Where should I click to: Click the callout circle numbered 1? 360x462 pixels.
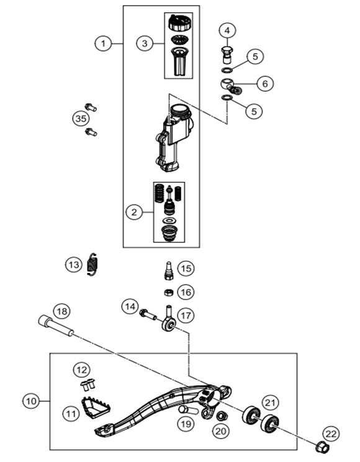tap(103, 43)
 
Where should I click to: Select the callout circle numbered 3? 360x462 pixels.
tap(145, 43)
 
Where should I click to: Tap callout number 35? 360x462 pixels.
tap(81, 118)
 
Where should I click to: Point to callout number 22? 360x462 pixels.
tap(331, 433)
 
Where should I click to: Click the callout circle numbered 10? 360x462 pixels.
tap(31, 401)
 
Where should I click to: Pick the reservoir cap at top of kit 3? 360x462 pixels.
tap(179, 23)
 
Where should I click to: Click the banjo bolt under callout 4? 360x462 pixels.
tap(227, 55)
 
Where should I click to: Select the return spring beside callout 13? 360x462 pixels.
tap(93, 265)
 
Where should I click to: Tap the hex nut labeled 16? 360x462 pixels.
tap(168, 293)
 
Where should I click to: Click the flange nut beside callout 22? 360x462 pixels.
tap(322, 448)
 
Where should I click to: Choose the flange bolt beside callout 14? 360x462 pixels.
tap(148, 314)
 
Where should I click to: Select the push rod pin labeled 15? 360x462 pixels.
tap(169, 271)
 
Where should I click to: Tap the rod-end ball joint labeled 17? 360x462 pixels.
tap(169, 319)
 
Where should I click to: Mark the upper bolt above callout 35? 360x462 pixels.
tap(91, 107)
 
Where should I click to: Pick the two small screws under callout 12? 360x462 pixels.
tap(88, 384)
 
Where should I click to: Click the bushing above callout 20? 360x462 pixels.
tap(221, 415)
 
